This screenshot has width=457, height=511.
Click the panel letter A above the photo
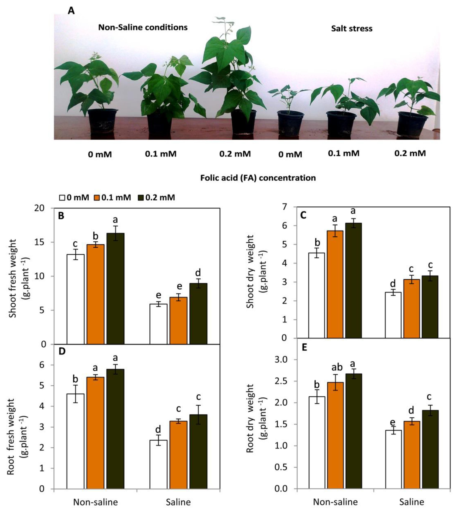tap(71, 11)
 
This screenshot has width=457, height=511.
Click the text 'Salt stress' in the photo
tap(352, 29)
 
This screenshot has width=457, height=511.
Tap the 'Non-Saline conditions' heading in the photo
tap(143, 27)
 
